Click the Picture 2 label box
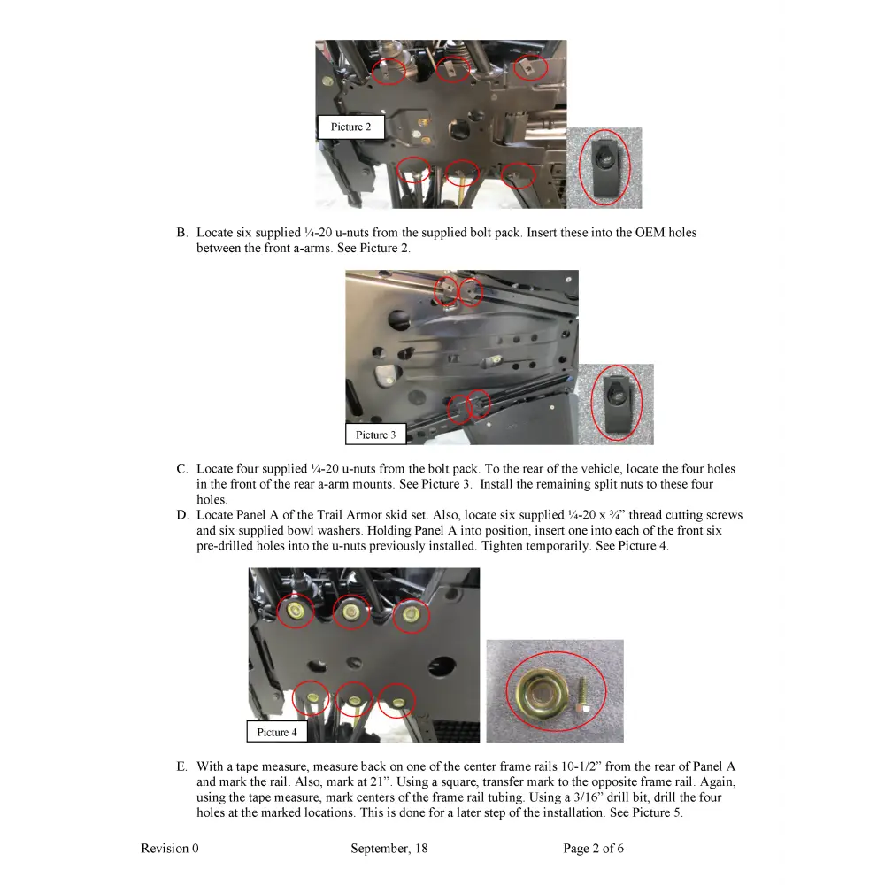coord(350,127)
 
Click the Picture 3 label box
coord(376,435)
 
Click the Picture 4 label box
coord(277,732)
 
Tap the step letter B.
coord(181,233)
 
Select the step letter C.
coord(181,469)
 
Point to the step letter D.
coord(181,515)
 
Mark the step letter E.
coord(181,766)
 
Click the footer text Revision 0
coord(170,849)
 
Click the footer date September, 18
coord(389,849)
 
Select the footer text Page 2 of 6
coord(593,849)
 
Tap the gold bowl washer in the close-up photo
coord(536,690)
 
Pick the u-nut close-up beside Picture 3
coord(616,403)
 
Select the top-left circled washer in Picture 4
coord(296,611)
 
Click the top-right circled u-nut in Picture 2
coord(530,65)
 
